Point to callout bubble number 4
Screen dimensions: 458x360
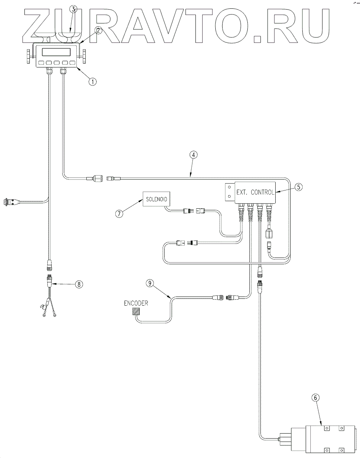pyautogui.click(x=194, y=155)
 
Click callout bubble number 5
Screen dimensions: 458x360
pyautogui.click(x=299, y=187)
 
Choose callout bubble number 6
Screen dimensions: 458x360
pyautogui.click(x=315, y=398)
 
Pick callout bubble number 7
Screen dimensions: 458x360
pyautogui.click(x=119, y=213)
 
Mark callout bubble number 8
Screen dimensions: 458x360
pyautogui.click(x=79, y=284)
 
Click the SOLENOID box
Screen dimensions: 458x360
pyautogui.click(x=156, y=198)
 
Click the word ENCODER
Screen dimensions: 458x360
pyautogui.click(x=136, y=303)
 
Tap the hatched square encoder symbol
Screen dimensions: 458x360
pyautogui.click(x=136, y=312)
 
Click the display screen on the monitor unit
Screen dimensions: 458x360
pyautogui.click(x=57, y=52)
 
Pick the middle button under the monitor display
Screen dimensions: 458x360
pyautogui.click(x=57, y=63)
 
